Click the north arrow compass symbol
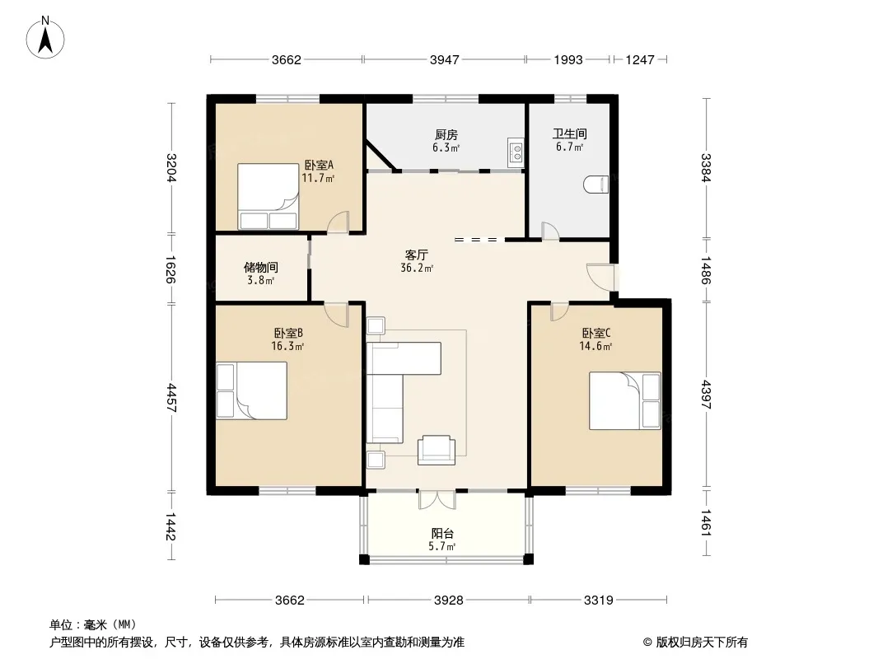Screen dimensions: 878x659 [x=45, y=38]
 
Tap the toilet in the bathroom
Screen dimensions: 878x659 [x=596, y=185]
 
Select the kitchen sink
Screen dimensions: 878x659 [x=516, y=152]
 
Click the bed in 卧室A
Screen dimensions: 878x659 [x=269, y=196]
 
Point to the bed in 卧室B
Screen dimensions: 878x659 [x=252, y=390]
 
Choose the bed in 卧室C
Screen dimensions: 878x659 [x=625, y=401]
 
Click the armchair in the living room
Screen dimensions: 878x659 [x=437, y=450]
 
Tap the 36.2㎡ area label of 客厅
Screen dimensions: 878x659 [x=417, y=269]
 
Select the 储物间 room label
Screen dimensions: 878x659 [x=261, y=268]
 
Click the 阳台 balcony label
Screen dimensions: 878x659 [x=442, y=534]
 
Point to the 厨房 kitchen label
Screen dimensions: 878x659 [x=446, y=135]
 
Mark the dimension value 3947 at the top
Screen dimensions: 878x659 [x=445, y=60]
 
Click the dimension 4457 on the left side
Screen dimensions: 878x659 [x=170, y=398]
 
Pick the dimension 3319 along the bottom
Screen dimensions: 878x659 [x=599, y=601]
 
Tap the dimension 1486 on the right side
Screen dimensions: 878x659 [x=706, y=270]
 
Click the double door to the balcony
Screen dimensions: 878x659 [x=437, y=500]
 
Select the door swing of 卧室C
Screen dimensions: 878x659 [x=559, y=311]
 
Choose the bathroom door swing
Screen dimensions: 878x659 [x=550, y=231]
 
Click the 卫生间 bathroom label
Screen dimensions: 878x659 [x=570, y=133]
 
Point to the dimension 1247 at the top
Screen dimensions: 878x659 [x=639, y=60]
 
